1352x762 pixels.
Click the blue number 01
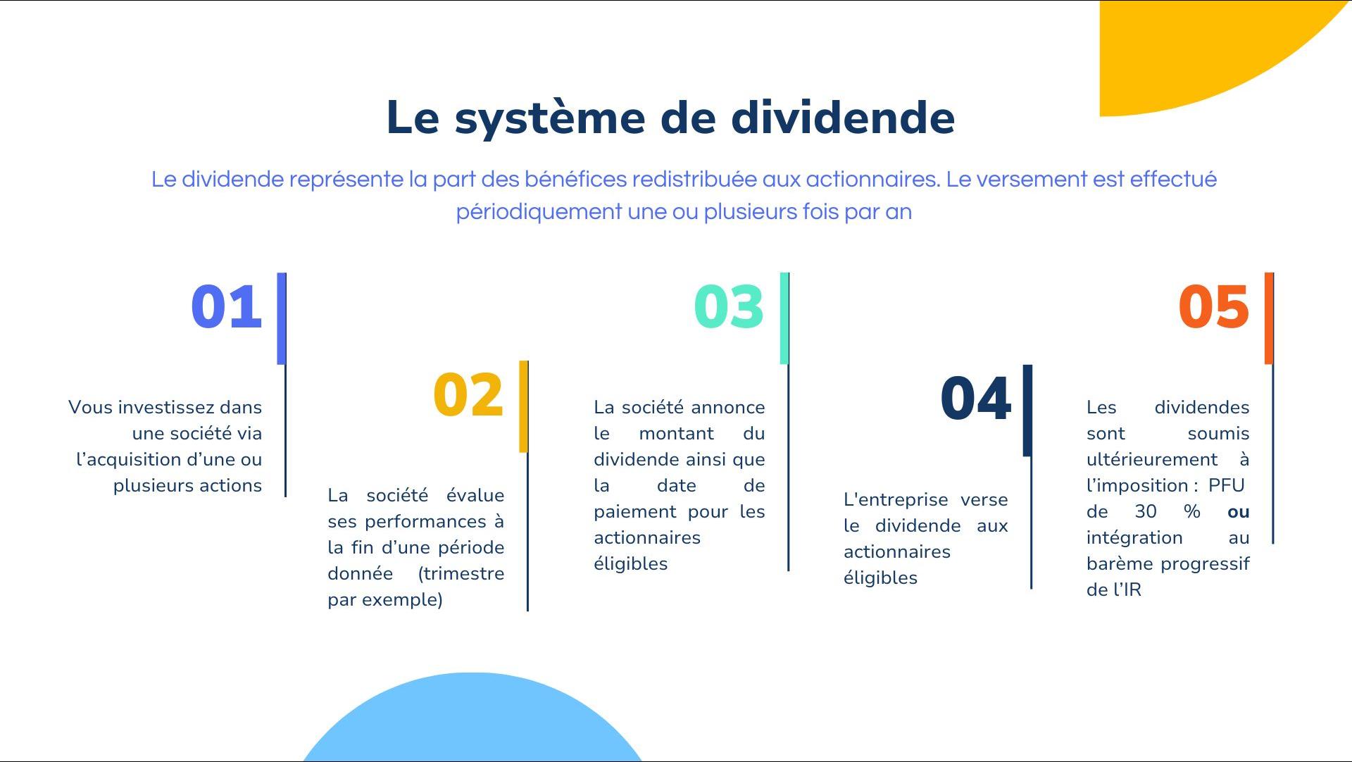click(227, 307)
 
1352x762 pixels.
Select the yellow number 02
click(469, 395)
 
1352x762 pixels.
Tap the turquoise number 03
click(729, 307)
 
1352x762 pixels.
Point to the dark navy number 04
click(976, 399)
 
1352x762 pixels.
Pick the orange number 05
click(1214, 307)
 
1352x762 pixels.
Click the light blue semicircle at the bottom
click(472, 722)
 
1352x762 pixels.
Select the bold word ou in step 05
click(1238, 512)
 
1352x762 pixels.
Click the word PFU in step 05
click(1226, 485)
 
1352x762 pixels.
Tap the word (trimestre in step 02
click(461, 574)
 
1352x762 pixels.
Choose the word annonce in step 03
click(728, 408)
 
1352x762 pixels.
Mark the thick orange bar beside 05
click(1269, 318)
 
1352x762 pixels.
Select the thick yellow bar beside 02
click(523, 406)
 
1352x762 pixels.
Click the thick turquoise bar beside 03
click(784, 318)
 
